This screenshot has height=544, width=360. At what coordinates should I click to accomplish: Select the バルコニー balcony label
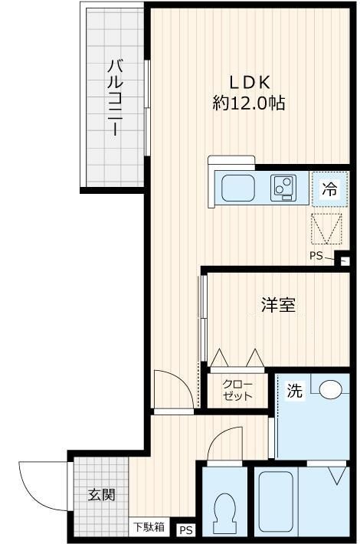[115, 97]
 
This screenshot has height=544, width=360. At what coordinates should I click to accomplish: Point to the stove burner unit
[283, 186]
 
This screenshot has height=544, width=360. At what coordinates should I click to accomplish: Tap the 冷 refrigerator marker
[329, 190]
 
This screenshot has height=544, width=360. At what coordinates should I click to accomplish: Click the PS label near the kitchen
[316, 256]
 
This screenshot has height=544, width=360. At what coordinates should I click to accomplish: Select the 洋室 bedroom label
[277, 305]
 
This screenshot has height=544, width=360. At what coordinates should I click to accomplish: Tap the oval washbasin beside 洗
[332, 390]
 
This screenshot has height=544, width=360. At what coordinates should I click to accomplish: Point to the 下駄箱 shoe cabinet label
[149, 527]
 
